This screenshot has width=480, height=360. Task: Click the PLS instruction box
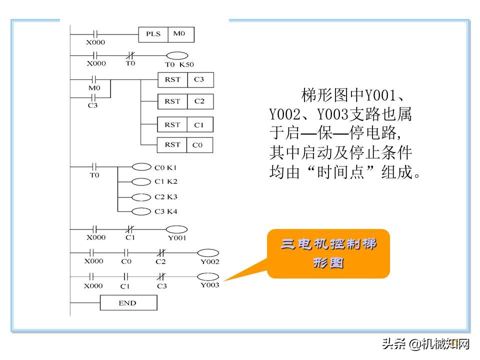(153, 34)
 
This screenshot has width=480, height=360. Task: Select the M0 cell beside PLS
(180, 34)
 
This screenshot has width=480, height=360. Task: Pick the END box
(128, 303)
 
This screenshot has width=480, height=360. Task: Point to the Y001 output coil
(176, 229)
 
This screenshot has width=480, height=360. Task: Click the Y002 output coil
(209, 253)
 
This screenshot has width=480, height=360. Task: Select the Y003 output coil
(209, 276)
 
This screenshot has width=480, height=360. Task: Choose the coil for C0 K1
(141, 168)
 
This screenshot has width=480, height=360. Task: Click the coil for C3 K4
(141, 211)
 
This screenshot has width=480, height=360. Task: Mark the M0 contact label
(94, 88)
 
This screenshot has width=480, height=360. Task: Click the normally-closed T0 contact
(130, 55)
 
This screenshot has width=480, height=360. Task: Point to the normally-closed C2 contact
(161, 253)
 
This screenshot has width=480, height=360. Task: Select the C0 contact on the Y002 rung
(126, 253)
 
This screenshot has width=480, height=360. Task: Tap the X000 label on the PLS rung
(95, 42)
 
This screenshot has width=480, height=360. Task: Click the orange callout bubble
(328, 253)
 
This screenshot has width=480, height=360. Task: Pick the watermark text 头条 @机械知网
(426, 344)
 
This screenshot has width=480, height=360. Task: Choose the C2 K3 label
(166, 197)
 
